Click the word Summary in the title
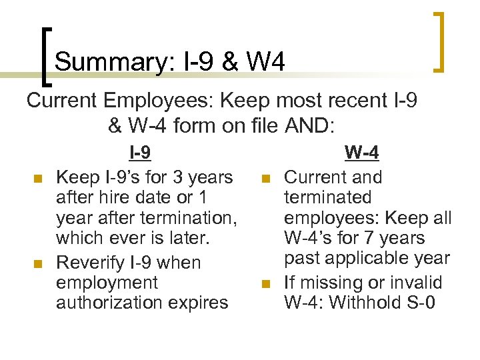coord(111,63)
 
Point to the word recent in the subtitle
coord(352,101)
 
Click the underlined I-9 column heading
coord(139,154)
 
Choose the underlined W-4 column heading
coord(362,154)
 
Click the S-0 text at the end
coord(419,303)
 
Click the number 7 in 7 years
coord(375,237)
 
